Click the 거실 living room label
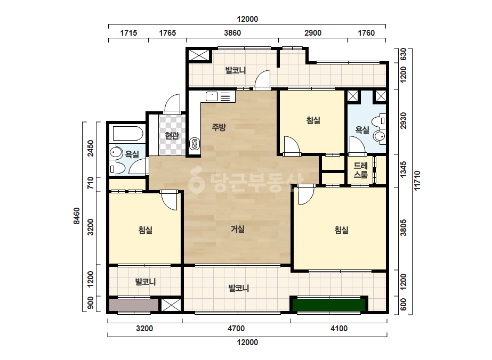[238, 229]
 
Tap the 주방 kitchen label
[219, 127]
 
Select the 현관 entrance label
[172, 135]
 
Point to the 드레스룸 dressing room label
[360, 170]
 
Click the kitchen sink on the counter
[212, 96]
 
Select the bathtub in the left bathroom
[128, 133]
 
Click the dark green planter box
[329, 305]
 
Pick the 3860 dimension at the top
[232, 33]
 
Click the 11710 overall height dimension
[417, 181]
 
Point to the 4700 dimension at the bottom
[236, 329]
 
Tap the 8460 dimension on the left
[77, 216]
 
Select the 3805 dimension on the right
[404, 228]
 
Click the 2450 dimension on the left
[91, 149]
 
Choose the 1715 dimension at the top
[128, 33]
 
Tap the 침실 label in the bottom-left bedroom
[146, 230]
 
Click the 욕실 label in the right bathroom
[362, 129]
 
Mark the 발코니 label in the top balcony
[235, 70]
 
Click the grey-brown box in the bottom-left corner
[134, 305]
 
